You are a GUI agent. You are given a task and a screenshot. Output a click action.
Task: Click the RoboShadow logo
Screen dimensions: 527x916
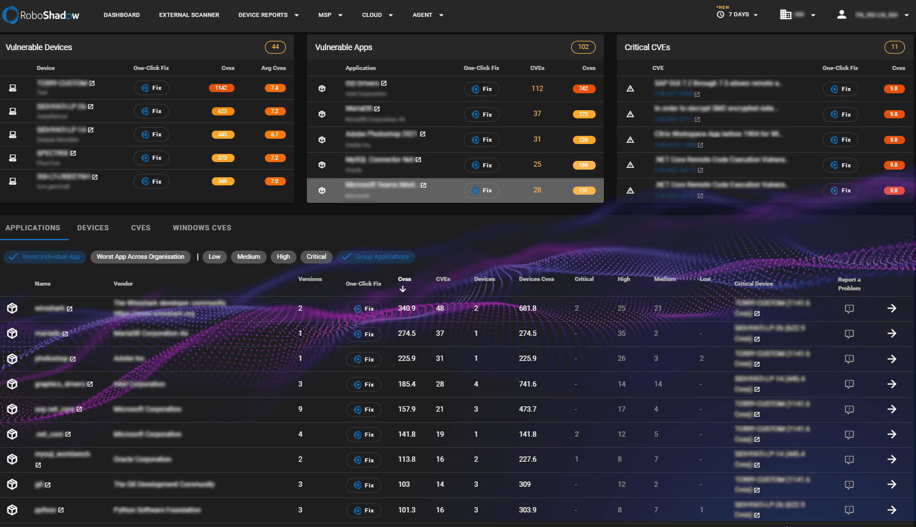41,15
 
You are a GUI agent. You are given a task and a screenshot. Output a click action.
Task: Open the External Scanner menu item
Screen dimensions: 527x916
189,15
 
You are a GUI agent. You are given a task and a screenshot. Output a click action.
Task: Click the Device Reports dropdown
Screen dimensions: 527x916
268,15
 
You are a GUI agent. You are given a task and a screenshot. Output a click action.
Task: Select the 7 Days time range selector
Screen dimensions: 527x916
738,15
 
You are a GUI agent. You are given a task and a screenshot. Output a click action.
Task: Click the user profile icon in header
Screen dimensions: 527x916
841,15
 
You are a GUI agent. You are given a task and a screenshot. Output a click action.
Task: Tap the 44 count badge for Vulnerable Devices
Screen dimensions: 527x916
275,47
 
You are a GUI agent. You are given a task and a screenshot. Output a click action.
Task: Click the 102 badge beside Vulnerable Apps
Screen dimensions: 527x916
583,47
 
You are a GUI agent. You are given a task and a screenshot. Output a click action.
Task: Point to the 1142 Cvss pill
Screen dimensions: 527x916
221,88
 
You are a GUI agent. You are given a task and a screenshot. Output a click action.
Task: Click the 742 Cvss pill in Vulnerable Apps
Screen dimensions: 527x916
583,89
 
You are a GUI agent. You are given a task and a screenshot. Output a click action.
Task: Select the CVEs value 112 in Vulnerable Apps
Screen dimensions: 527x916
537,89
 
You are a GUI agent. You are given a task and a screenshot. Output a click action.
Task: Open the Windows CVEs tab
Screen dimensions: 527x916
202,228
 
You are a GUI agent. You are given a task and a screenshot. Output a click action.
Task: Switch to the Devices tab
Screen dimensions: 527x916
93,228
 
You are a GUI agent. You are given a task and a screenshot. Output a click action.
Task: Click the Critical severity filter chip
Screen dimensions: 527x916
316,257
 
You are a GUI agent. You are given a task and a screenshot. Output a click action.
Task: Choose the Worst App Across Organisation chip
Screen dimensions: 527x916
140,257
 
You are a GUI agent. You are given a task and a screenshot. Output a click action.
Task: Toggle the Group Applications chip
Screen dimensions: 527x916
376,257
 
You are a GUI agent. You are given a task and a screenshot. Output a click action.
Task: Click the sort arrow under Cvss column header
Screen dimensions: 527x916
403,289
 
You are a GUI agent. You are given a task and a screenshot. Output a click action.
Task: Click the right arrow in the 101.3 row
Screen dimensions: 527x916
891,510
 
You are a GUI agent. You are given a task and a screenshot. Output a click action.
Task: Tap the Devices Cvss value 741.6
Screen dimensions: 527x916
527,384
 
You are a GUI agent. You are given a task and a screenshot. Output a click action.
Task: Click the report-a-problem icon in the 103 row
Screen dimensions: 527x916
849,485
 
